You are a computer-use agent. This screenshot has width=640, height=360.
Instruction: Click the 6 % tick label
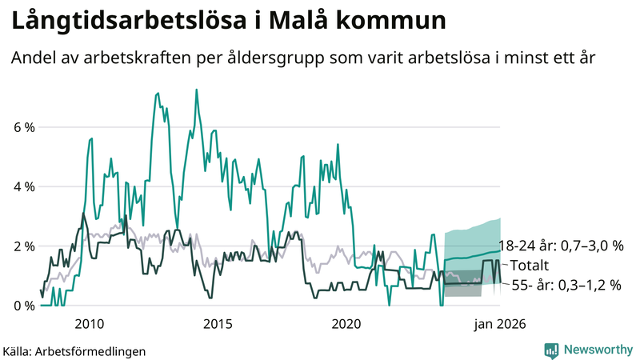point(24,127)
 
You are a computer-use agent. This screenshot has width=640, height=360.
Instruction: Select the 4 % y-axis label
point(24,186)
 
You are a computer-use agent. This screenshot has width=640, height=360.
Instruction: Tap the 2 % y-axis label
point(24,246)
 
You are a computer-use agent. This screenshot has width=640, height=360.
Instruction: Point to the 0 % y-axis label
point(24,306)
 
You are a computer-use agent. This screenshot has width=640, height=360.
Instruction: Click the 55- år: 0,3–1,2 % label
point(566,284)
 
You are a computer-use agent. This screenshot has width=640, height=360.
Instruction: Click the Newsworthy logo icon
point(551,350)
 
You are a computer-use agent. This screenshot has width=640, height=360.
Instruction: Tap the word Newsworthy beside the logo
point(598,350)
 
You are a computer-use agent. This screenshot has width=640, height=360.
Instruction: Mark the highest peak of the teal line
point(197,90)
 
